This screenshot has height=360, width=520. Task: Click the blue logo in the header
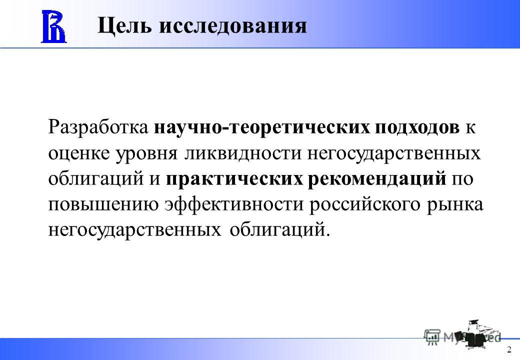[53, 26]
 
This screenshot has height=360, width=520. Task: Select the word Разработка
[98, 127]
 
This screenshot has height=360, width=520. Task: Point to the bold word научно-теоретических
[261, 127]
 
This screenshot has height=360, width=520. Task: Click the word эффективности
[234, 203]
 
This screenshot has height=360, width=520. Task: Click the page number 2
[509, 350]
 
